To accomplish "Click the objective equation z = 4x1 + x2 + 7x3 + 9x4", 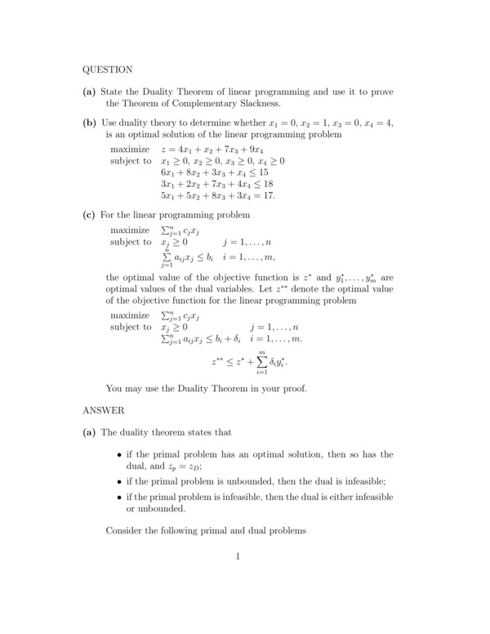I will pos(212,150).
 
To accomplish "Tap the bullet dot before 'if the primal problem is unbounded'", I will pos(119,482).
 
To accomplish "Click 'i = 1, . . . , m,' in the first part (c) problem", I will pos(255,257).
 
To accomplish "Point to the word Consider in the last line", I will pos(126,531).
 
